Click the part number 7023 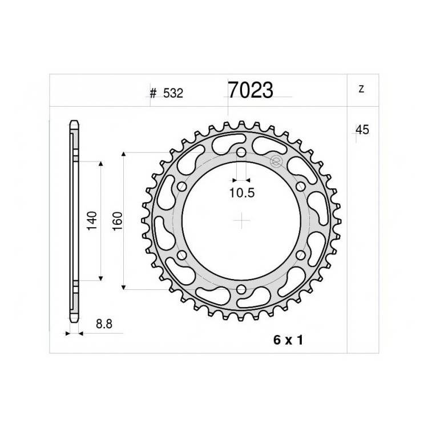(251, 90)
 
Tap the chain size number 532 (173, 94)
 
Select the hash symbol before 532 (153, 94)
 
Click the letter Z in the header (361, 89)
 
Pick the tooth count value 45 (362, 130)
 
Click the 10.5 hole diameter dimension (242, 193)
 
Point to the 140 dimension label (92, 220)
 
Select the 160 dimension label (118, 221)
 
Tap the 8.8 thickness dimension (104, 324)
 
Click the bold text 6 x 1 (288, 340)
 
